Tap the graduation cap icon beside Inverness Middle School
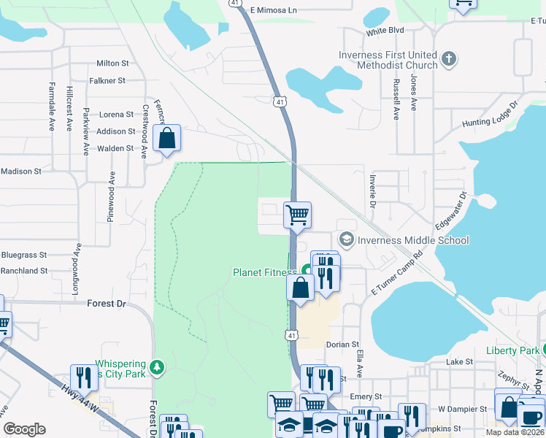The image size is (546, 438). [x=347, y=239]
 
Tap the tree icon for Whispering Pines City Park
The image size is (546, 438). [x=155, y=366]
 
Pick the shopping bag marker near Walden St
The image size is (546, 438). [x=167, y=137]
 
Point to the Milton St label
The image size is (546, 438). [x=112, y=64]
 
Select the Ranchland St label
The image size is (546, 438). [x=24, y=270]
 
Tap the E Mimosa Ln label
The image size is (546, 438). [x=274, y=10]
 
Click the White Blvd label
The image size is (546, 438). [x=385, y=31]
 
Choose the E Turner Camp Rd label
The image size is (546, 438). [x=397, y=273]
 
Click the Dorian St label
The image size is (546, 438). [x=343, y=344]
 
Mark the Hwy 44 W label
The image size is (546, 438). [x=78, y=395]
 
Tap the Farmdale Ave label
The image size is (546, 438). [x=52, y=105]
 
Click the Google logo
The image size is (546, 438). [x=24, y=429]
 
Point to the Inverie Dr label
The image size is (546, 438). [x=372, y=188]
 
